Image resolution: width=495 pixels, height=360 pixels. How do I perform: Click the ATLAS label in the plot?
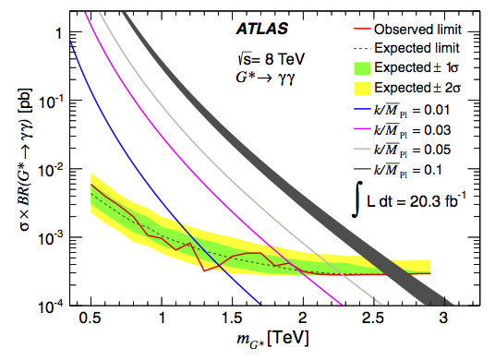pyautogui.click(x=262, y=29)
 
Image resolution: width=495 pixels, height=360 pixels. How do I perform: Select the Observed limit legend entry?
pyautogui.click(x=407, y=30)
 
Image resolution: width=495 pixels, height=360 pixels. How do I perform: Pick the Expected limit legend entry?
pyautogui.click(x=406, y=48)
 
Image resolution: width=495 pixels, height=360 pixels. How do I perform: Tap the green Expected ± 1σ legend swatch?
pyautogui.click(x=362, y=68)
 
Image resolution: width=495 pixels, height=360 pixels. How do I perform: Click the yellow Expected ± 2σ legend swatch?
pyautogui.click(x=362, y=88)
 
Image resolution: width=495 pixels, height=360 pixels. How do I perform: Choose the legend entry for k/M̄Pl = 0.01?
pyautogui.click(x=402, y=110)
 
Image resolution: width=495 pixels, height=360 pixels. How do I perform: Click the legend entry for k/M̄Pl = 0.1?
pyautogui.click(x=398, y=170)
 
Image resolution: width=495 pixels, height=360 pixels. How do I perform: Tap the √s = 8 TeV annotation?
pyautogui.click(x=272, y=59)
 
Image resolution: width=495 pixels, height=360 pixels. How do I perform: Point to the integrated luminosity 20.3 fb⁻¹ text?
pyautogui.click(x=409, y=199)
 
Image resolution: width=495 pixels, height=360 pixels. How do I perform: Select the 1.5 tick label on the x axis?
pyautogui.click(x=233, y=318)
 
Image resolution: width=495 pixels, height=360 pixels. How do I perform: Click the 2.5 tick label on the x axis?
pyautogui.click(x=373, y=318)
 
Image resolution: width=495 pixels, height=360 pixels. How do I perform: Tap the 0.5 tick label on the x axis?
pyautogui.click(x=91, y=318)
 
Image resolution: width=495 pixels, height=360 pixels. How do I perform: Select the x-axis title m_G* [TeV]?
pyautogui.click(x=272, y=340)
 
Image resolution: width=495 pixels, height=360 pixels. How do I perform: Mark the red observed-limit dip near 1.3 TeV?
pyautogui.click(x=204, y=270)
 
